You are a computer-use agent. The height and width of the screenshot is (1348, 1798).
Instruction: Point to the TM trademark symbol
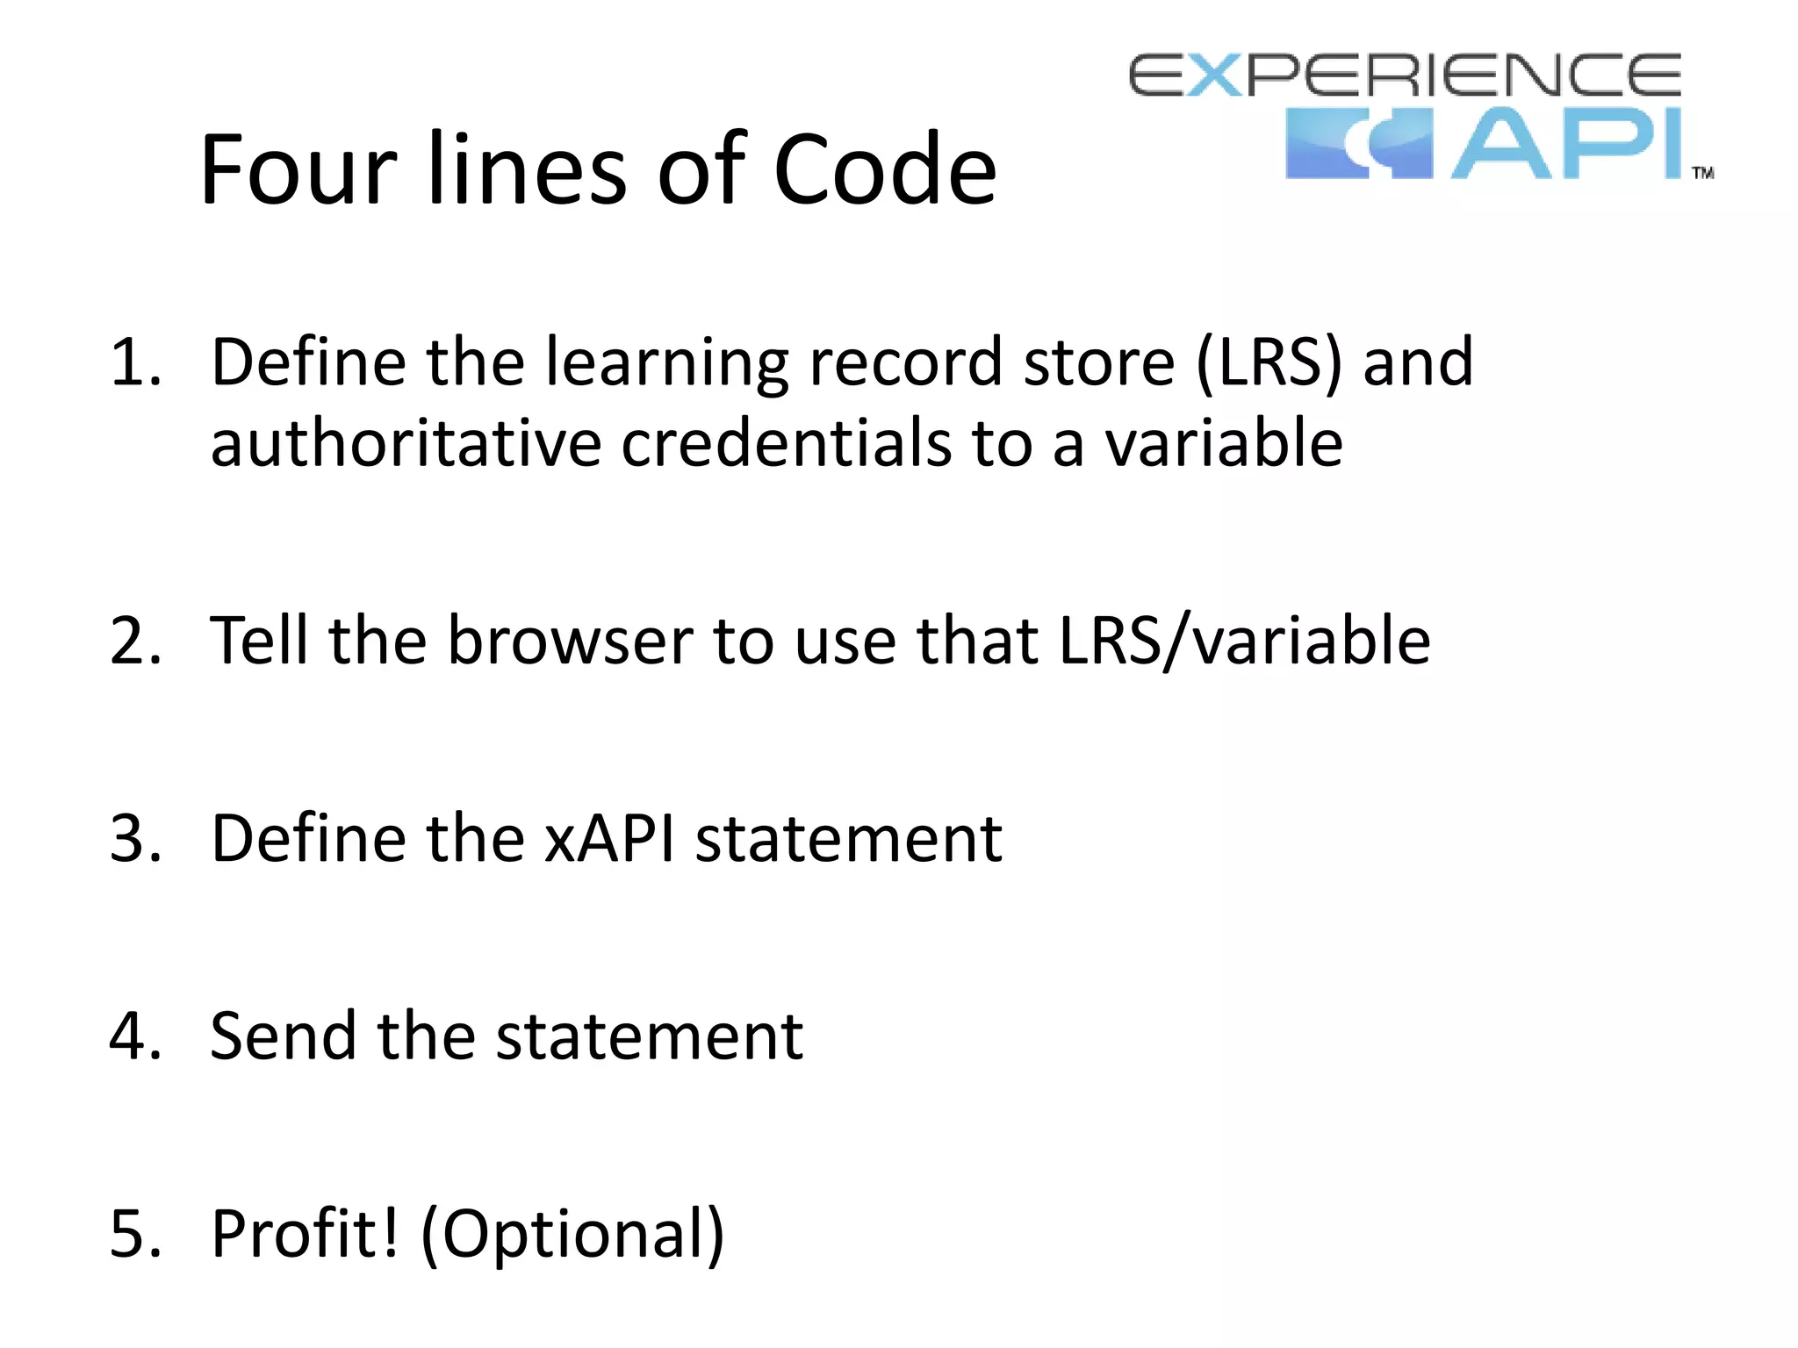(x=1702, y=173)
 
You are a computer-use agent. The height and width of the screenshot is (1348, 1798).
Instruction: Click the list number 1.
(x=135, y=362)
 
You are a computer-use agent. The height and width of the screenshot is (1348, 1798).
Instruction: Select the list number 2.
(x=135, y=641)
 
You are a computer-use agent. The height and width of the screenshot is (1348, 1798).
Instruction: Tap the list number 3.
(x=135, y=838)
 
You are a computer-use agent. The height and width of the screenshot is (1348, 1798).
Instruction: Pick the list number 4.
(x=135, y=1036)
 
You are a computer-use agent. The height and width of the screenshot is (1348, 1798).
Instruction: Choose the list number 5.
(x=135, y=1233)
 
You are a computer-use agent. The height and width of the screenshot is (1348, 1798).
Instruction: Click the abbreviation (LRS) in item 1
(x=1269, y=362)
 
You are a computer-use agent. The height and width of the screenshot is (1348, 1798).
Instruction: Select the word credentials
(x=786, y=442)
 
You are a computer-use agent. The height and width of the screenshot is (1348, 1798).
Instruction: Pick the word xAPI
(x=609, y=838)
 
